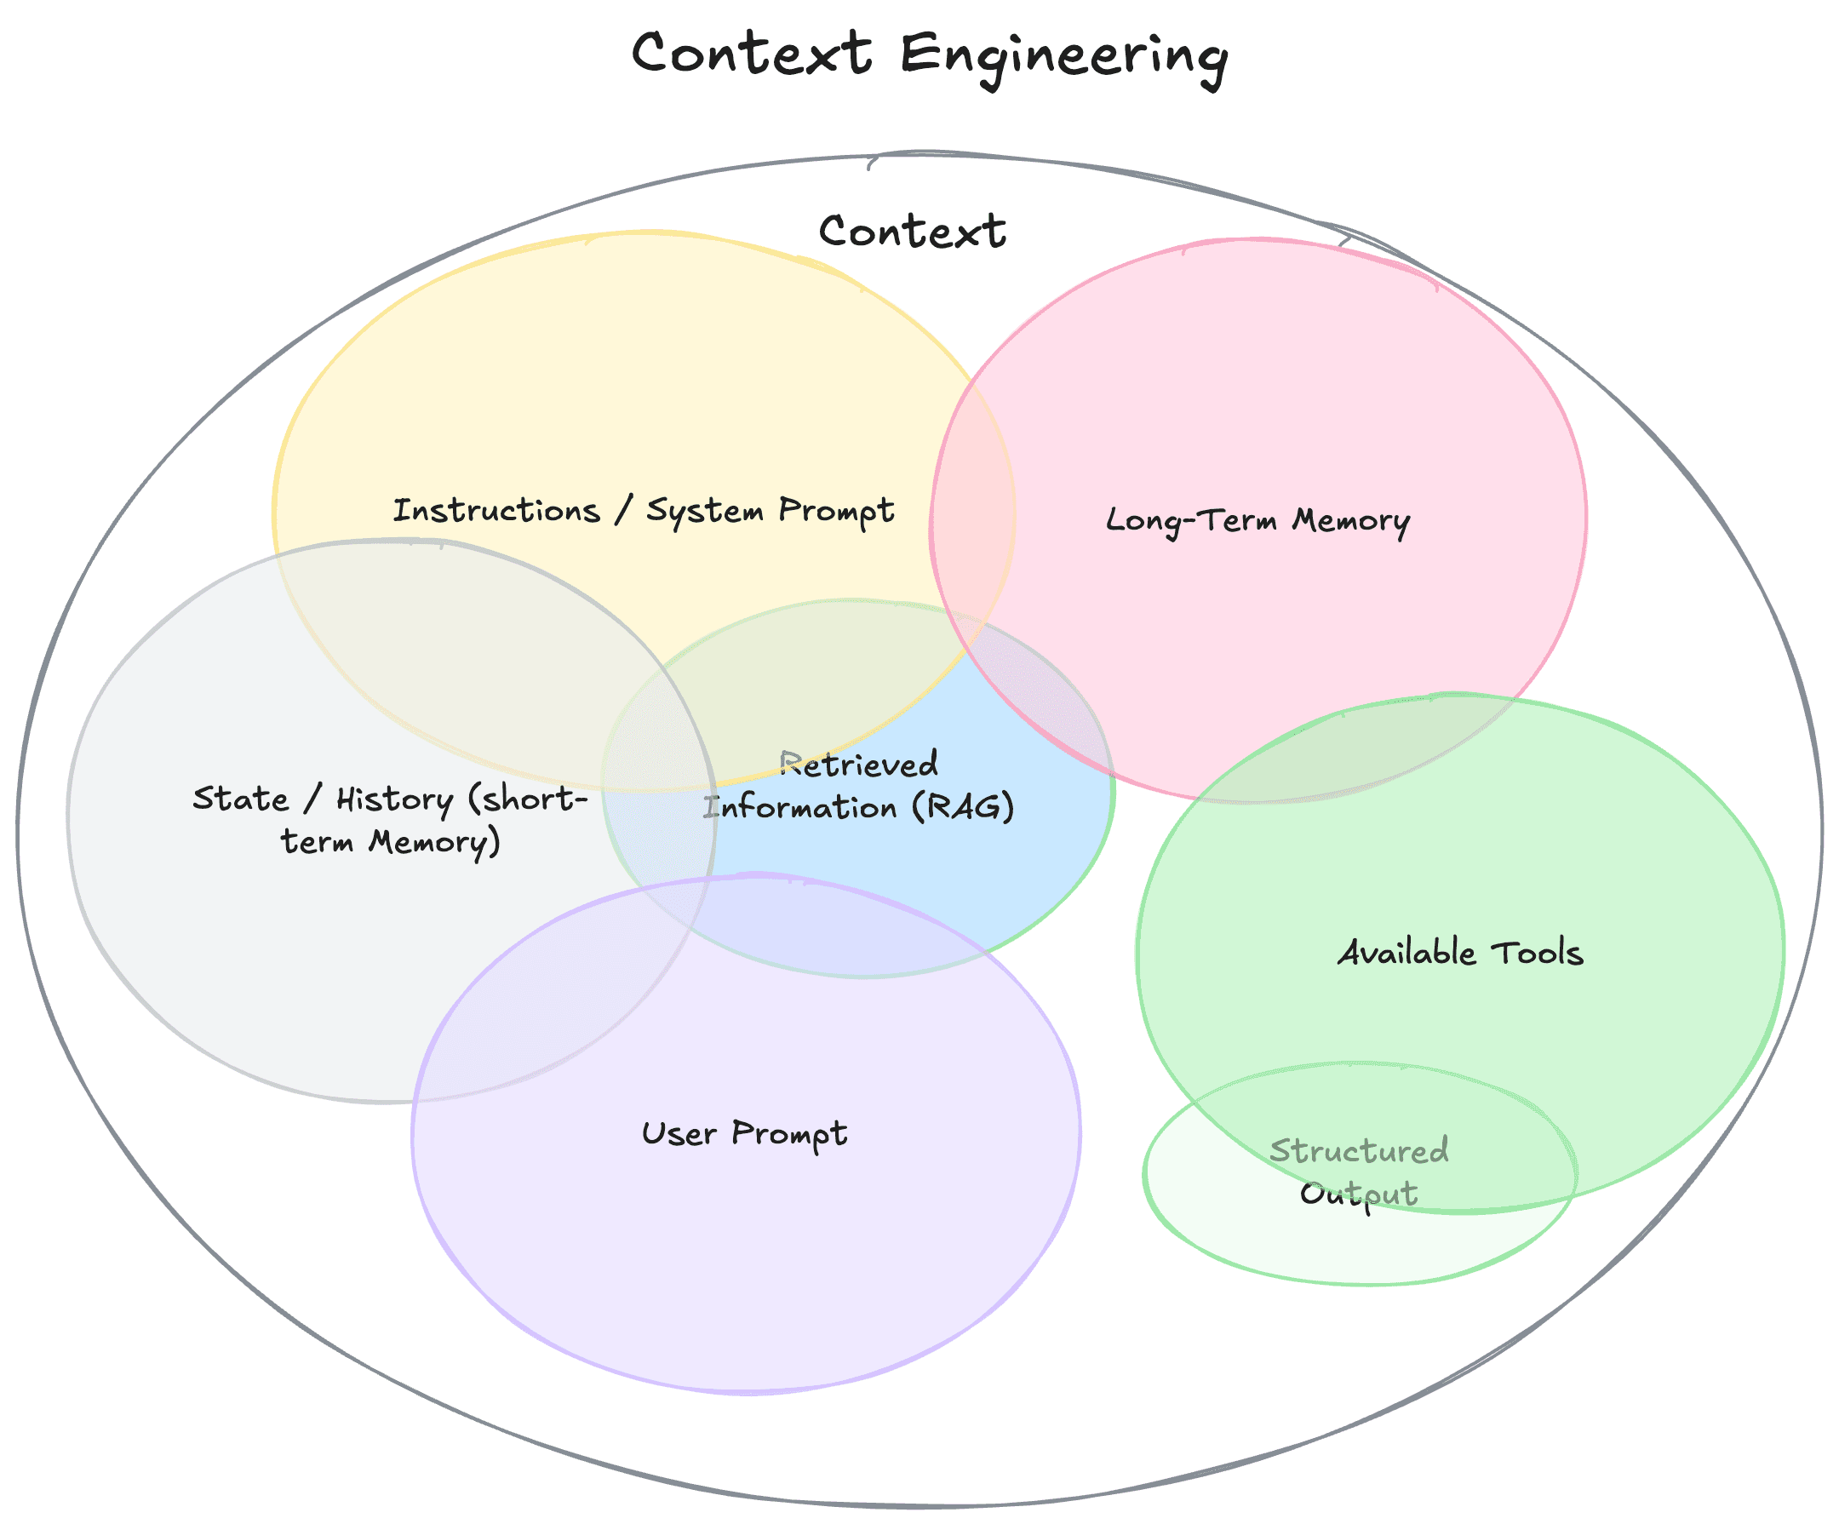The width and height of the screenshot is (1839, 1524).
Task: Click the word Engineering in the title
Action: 1063,56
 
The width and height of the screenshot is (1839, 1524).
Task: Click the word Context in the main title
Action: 752,53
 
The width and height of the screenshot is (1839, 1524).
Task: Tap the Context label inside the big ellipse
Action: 912,232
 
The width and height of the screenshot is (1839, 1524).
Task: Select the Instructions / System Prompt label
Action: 643,511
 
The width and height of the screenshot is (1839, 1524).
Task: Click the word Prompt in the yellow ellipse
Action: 835,511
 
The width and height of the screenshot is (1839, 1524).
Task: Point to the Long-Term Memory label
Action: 1258,520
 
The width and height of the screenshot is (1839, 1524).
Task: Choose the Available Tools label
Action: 1460,953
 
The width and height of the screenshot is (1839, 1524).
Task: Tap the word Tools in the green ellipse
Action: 1537,953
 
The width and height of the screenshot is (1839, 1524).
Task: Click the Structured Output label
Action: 1359,1172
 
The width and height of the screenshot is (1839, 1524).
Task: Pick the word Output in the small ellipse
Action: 1358,1194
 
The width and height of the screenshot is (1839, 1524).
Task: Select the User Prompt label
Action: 744,1134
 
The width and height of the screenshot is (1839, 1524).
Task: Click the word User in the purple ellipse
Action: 679,1134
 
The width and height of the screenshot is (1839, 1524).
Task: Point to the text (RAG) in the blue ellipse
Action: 962,806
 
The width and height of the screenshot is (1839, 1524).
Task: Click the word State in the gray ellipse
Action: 241,799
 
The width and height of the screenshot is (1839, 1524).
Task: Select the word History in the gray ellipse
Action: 395,799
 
